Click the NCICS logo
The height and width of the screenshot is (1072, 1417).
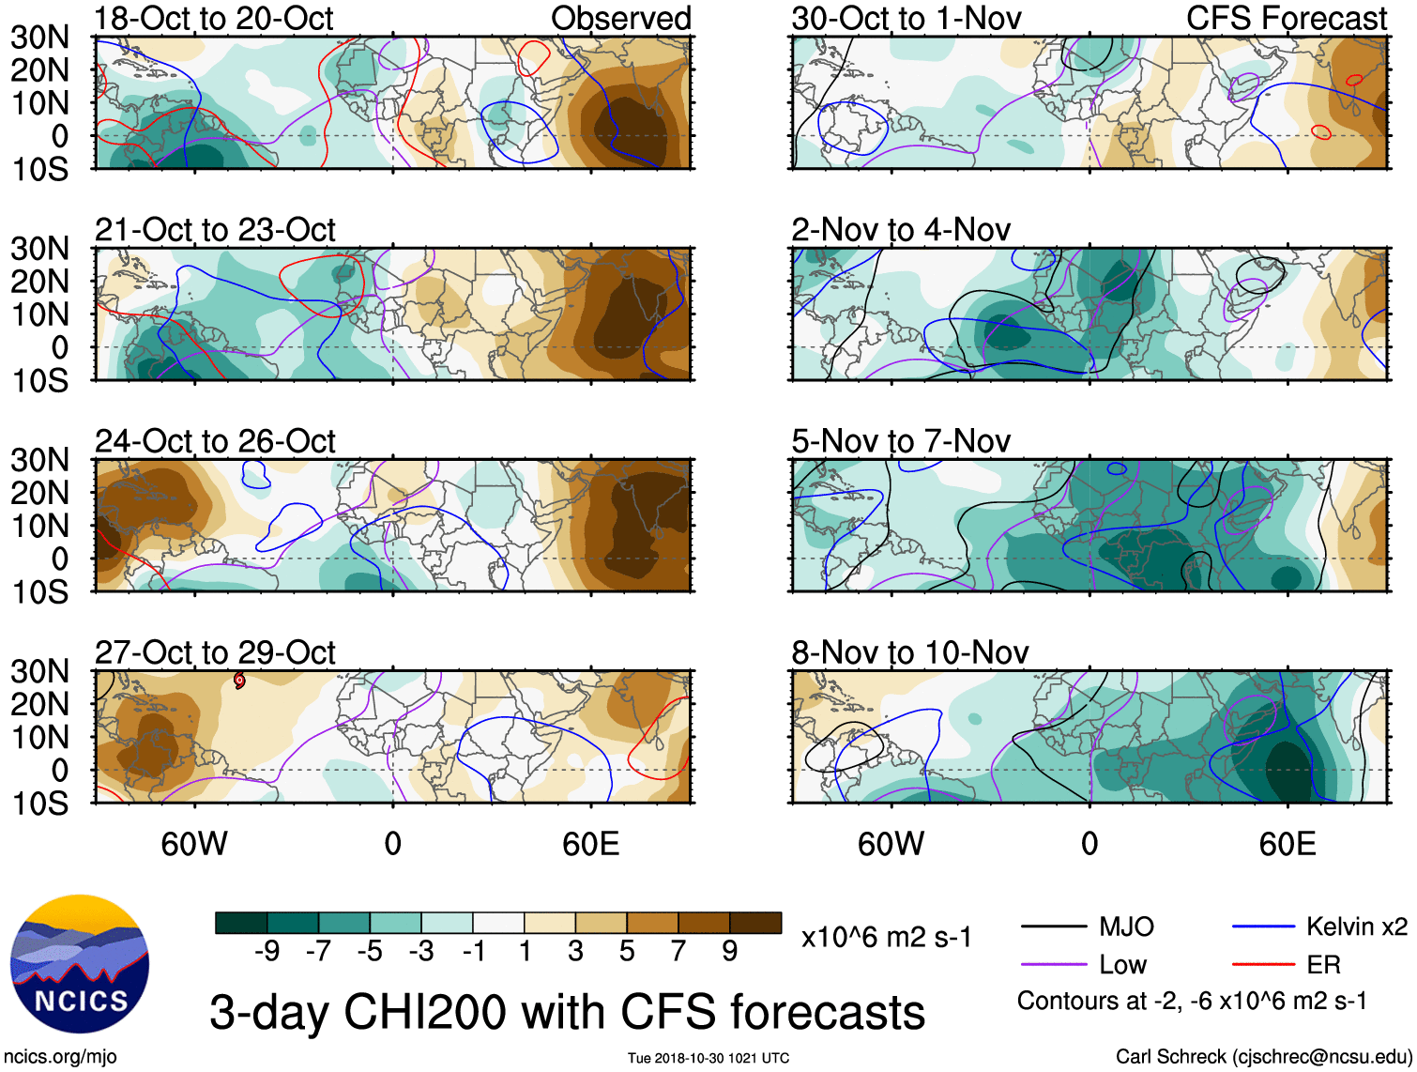pos(80,964)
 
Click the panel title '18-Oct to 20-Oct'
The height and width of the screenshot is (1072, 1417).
pos(214,18)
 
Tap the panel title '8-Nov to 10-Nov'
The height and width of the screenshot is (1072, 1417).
pos(909,651)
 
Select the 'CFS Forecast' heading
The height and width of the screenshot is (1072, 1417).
pos(1286,18)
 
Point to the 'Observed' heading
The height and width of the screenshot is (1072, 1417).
pos(620,18)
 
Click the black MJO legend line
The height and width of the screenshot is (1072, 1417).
pos(1054,927)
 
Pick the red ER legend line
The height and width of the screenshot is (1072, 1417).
pos(1263,964)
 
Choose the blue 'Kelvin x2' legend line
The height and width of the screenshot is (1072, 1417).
pos(1263,927)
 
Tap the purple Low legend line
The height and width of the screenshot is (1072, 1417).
pos(1054,964)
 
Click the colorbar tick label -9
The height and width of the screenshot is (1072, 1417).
pos(267,952)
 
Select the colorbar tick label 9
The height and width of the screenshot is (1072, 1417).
pos(730,952)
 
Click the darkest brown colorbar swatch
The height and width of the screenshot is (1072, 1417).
pos(755,923)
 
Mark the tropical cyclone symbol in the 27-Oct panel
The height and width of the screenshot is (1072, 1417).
pos(239,681)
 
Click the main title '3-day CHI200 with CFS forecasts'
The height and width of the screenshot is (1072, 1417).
pos(567,1012)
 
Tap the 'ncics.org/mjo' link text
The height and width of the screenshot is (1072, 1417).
pos(61,1056)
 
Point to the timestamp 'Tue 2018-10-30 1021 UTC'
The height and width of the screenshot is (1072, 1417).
pos(708,1058)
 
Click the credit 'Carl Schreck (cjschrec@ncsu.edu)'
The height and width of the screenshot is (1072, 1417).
pos(1263,1056)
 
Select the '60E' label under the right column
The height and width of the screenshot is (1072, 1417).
pos(1287,844)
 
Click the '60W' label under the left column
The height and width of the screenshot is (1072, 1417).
pos(194,844)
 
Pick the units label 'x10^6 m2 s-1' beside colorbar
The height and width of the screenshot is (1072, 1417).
pos(886,937)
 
